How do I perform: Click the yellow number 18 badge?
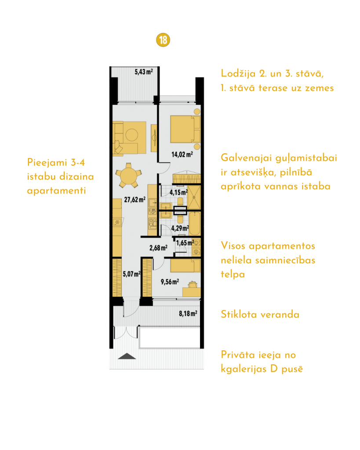(163, 40)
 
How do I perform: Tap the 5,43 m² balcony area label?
(144, 72)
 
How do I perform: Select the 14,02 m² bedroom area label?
(182, 154)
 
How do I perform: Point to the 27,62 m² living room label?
(135, 200)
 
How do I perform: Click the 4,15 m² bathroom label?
(178, 192)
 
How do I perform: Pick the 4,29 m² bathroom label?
(180, 229)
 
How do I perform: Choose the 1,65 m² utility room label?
(185, 243)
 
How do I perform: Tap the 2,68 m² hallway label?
(159, 248)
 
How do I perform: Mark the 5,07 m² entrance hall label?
(132, 274)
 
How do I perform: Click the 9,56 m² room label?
(170, 282)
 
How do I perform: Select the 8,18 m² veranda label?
(188, 313)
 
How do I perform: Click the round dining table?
(129, 175)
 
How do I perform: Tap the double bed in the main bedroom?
(185, 129)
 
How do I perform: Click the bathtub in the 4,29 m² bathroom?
(195, 224)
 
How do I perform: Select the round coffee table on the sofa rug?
(132, 134)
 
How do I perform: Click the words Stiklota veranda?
(260, 314)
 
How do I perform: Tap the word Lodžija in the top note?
(238, 73)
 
